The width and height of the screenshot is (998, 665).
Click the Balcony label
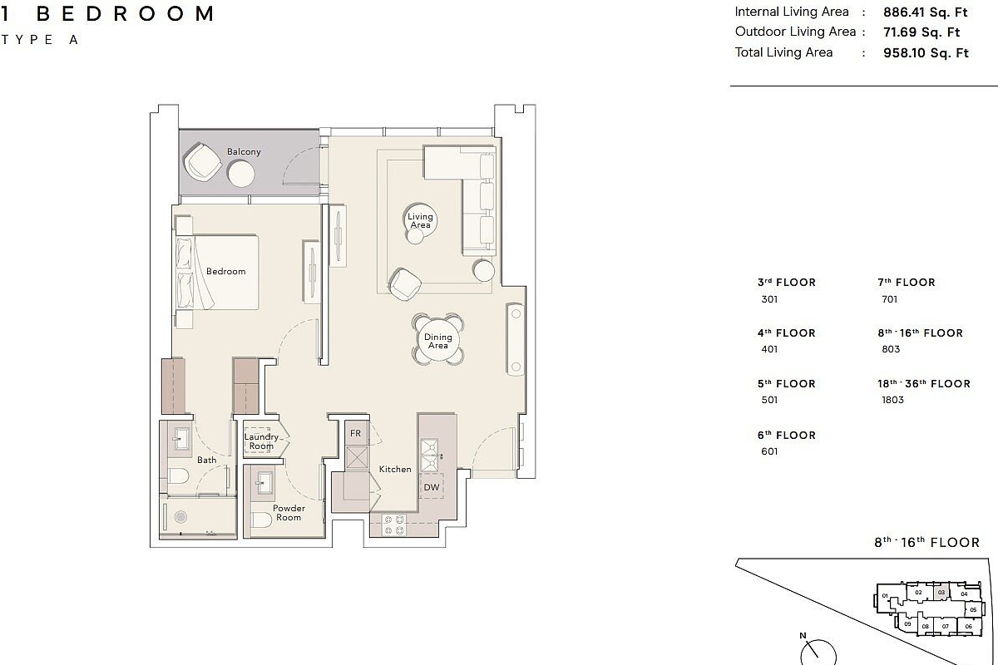coord(244,151)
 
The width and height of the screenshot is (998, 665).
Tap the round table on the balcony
coord(241,175)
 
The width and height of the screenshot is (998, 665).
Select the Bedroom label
coord(226,271)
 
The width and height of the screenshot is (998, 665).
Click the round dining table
coord(438,341)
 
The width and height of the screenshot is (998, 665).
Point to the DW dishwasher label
coord(432,487)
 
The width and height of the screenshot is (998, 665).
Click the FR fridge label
coord(355,433)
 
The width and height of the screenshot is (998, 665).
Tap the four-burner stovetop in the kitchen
coord(394,525)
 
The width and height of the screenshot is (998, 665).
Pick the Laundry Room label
coord(261,441)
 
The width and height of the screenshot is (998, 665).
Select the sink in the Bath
coord(180,438)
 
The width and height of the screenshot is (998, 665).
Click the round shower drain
coord(180,517)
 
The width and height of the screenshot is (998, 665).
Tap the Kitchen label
coord(395,469)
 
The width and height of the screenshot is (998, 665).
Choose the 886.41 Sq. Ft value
coord(926,12)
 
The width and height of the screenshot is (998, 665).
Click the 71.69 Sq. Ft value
coord(921,32)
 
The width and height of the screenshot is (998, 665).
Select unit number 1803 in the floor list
coord(893,400)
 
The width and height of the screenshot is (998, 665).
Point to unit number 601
coord(769,451)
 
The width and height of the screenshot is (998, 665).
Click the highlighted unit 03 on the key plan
coord(941,593)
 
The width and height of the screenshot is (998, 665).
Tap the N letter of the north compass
coord(803,636)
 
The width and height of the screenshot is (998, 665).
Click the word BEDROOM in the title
coord(125,14)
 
